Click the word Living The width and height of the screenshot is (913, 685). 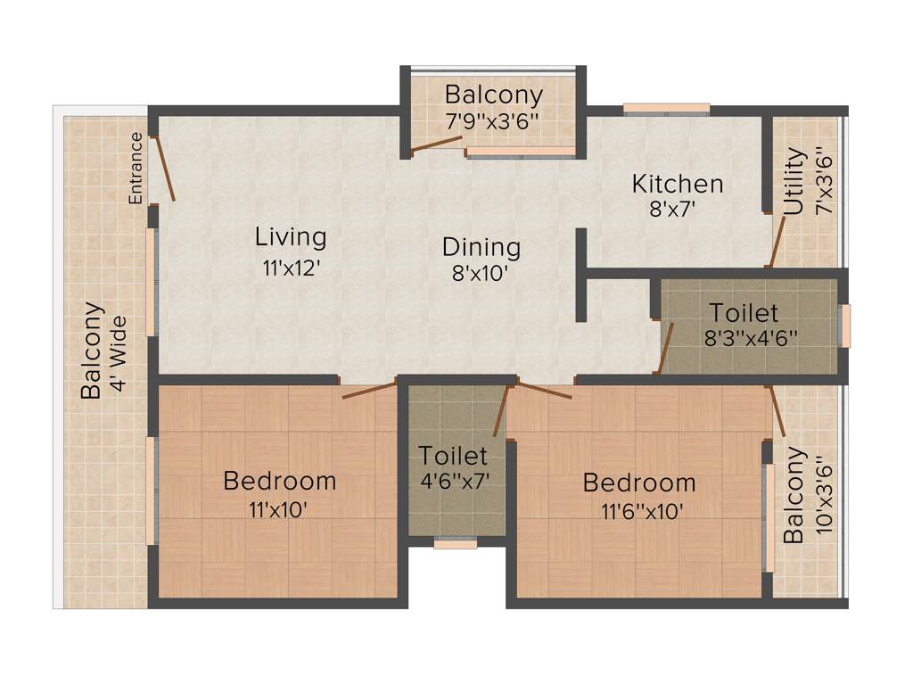pyautogui.click(x=291, y=237)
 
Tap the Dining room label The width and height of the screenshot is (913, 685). pyautogui.click(x=481, y=246)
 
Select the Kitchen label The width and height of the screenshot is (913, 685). pyautogui.click(x=678, y=185)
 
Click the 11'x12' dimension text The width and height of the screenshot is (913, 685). pyautogui.click(x=291, y=268)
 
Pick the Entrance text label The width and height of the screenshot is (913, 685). pyautogui.click(x=136, y=168)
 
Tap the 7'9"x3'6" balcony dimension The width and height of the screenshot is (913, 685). pyautogui.click(x=493, y=119)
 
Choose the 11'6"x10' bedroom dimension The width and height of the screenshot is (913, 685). pyautogui.click(x=639, y=511)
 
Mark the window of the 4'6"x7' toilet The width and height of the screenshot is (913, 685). pyautogui.click(x=455, y=542)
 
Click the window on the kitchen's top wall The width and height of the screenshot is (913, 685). pyautogui.click(x=666, y=110)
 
